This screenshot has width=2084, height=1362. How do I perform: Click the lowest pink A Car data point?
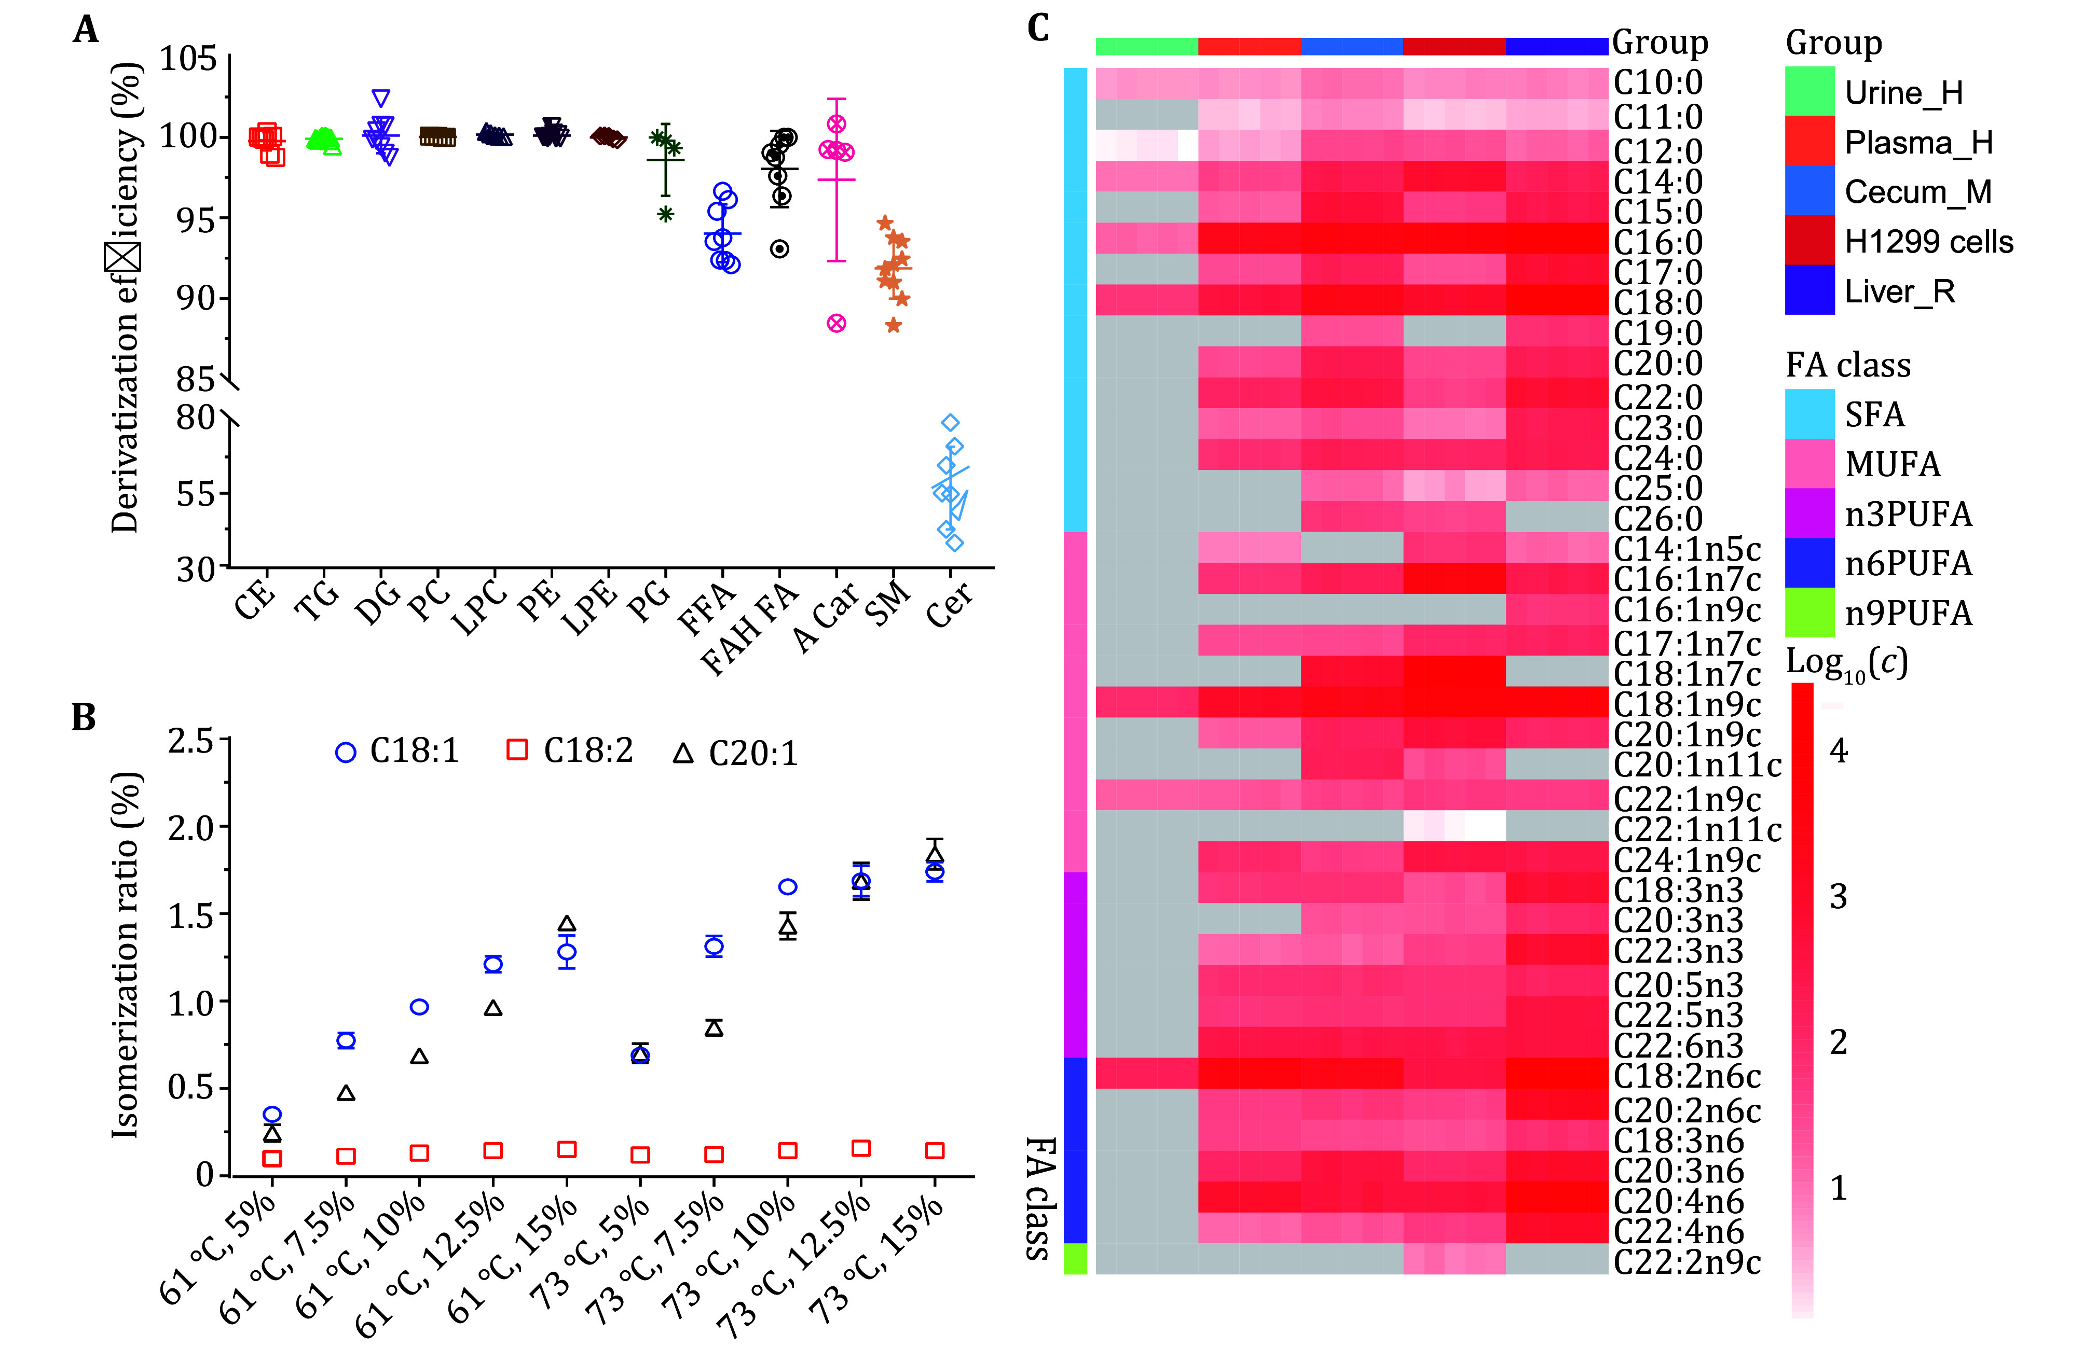coord(836,323)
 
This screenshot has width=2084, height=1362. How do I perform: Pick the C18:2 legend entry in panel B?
coord(570,751)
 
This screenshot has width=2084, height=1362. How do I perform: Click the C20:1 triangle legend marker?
coord(683,753)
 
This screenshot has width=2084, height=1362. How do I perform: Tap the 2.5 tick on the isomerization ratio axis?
coord(191,741)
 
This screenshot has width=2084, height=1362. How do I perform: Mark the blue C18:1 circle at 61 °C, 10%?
coord(419,1007)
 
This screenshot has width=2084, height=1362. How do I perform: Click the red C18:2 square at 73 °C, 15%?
coord(934,1150)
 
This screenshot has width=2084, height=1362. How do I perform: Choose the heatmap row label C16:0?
coord(1657,242)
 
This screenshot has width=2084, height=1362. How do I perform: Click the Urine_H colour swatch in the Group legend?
coord(1809,92)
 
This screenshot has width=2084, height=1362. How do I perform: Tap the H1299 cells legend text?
coord(1928,242)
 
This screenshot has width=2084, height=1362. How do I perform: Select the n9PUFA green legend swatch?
coord(1809,613)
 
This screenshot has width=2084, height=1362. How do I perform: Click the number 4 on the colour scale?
coord(1838,751)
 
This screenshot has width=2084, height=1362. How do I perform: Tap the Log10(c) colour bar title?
coord(1846,663)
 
